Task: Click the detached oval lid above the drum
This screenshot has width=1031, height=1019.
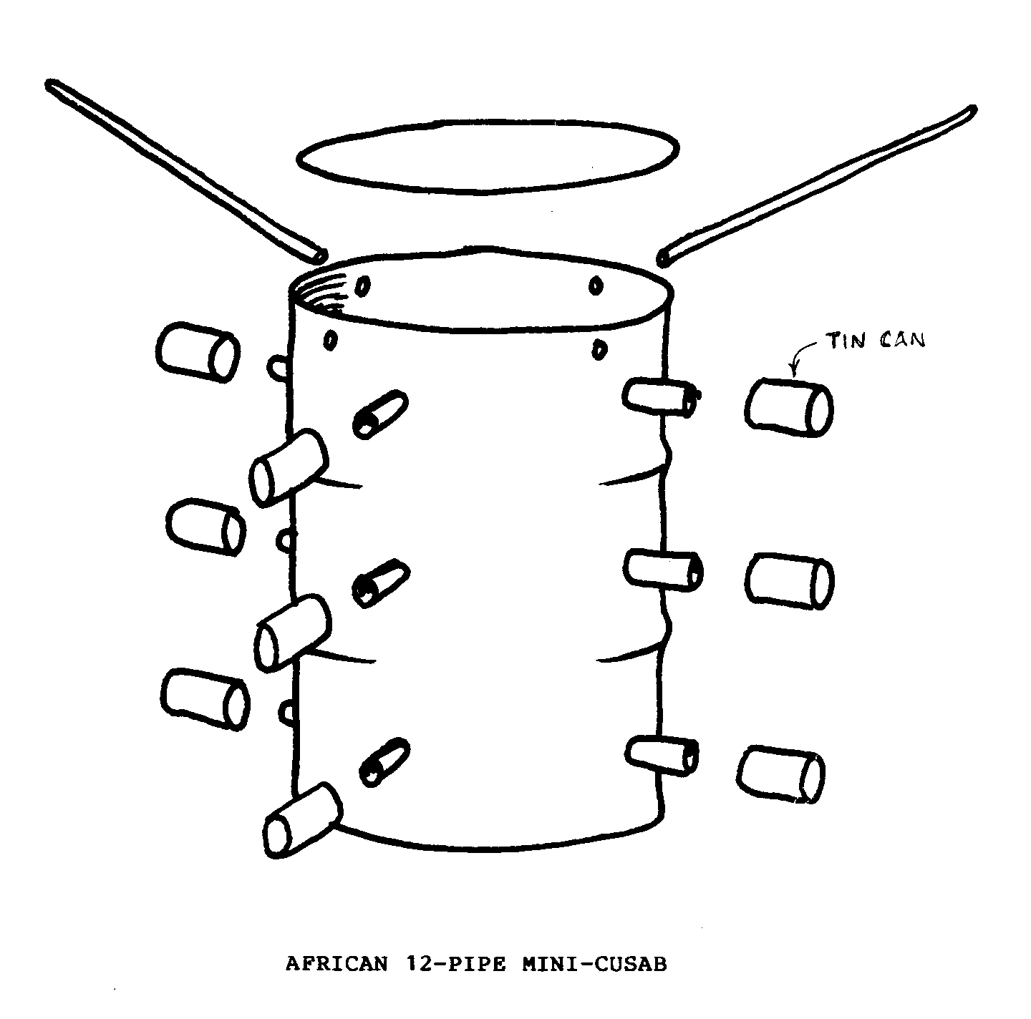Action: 488,155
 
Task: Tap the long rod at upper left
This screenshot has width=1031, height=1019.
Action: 186,171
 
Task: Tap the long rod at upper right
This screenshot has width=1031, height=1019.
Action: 816,186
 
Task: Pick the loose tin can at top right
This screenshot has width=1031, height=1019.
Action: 788,408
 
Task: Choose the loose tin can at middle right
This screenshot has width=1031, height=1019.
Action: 789,581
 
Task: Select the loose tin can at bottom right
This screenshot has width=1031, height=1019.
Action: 780,774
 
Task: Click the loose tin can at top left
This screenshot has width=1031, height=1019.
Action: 198,352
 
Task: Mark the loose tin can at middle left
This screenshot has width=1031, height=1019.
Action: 206,527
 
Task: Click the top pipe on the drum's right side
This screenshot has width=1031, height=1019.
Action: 662,397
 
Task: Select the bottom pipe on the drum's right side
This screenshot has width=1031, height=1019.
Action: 662,755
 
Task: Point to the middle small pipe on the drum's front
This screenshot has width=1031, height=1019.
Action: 380,583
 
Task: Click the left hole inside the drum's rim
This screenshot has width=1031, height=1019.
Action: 363,287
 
